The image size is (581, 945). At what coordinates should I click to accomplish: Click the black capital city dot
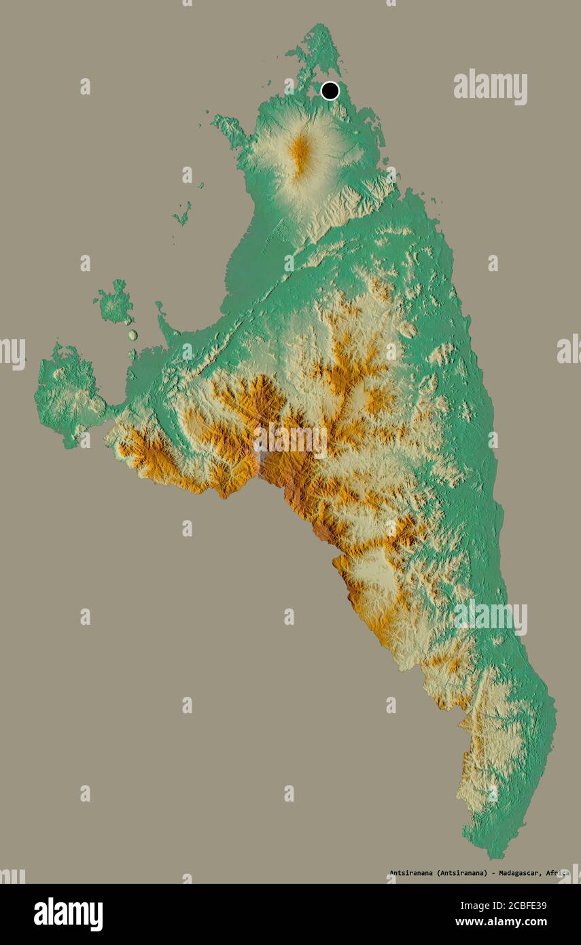330,90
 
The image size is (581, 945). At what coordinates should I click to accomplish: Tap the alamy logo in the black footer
68,914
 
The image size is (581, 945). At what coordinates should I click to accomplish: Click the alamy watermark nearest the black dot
490,87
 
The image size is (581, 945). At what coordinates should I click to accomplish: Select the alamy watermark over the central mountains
290,441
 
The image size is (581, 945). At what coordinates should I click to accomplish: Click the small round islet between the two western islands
133,335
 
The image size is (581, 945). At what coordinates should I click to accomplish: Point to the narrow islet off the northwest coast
181,215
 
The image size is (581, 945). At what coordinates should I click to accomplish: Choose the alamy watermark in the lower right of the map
490,618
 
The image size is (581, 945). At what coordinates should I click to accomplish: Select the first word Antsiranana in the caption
410,873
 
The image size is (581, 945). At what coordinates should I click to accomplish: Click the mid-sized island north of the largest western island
114,303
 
